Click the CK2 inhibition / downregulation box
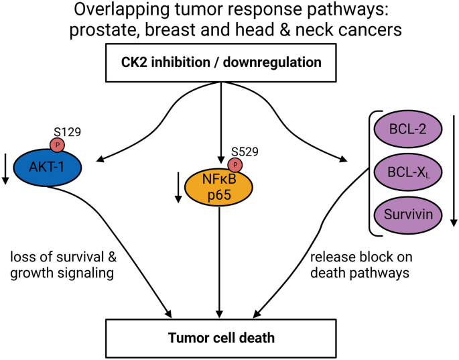tap(220, 63)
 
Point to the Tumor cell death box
tap(220, 337)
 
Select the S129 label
tap(68, 132)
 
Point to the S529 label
tap(245, 152)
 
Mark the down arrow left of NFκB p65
tap(178, 188)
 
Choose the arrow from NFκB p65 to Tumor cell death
tap(220, 268)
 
